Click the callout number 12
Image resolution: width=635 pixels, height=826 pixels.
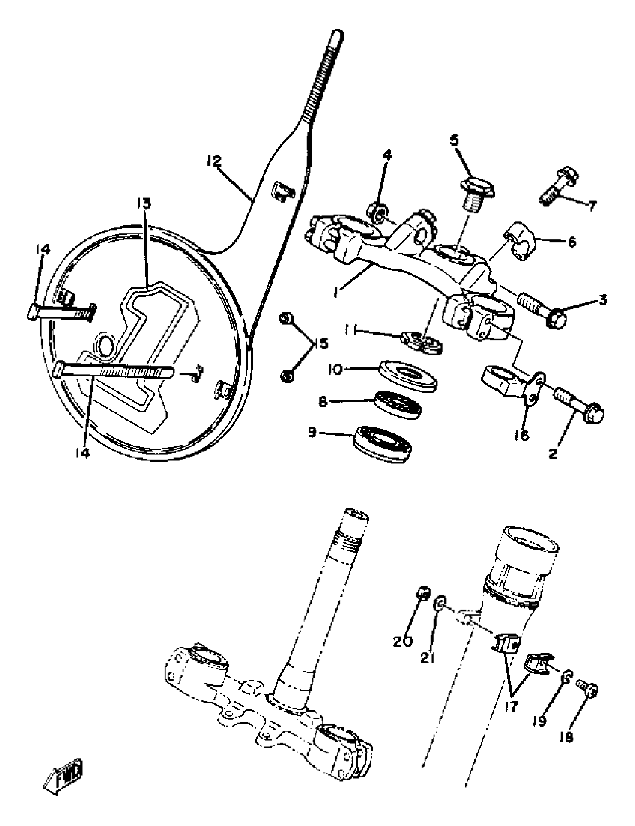214,161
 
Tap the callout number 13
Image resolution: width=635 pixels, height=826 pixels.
144,203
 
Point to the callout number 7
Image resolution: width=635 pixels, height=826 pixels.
592,206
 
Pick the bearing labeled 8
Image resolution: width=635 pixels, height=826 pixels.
398,405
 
